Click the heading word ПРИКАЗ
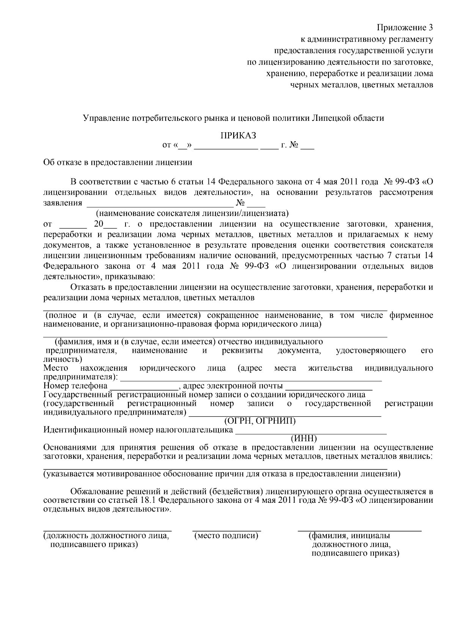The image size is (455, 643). point(238,136)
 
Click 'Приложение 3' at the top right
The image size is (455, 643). point(404,28)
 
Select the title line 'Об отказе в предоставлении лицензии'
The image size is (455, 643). point(118,163)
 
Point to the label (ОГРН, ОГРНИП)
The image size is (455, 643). point(260,421)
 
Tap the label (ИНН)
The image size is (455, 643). point(303,438)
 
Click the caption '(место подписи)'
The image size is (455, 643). point(226,535)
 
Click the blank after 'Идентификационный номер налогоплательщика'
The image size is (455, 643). point(311,433)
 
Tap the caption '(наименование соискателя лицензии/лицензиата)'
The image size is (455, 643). point(193,212)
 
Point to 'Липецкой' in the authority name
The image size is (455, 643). point(327,118)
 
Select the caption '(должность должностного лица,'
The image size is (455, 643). point(107,535)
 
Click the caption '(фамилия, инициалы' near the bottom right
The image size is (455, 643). point(350,535)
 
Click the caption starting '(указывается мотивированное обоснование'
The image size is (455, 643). point(221,474)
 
